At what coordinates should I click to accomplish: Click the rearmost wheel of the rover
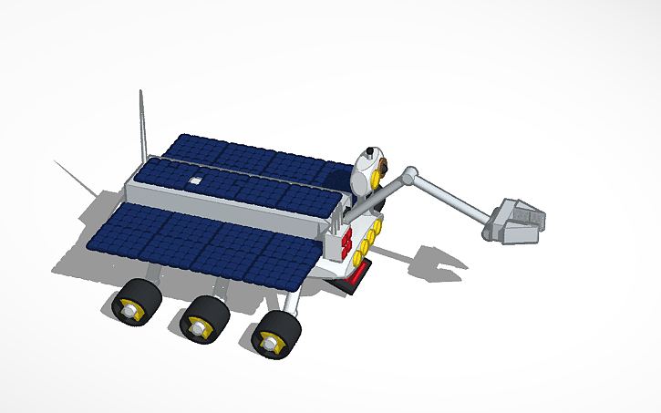(137, 302)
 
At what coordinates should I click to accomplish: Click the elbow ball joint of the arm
(410, 172)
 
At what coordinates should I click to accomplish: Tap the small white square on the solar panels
(194, 181)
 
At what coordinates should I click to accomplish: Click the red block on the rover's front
(346, 241)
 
